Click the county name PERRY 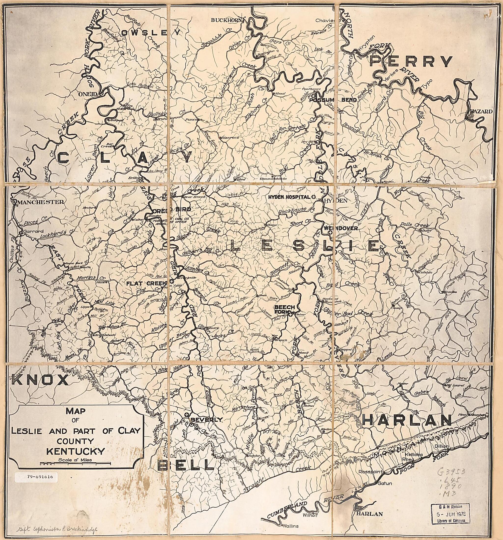[x=410, y=62]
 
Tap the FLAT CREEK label [x=146, y=284]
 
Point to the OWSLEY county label [x=151, y=33]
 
